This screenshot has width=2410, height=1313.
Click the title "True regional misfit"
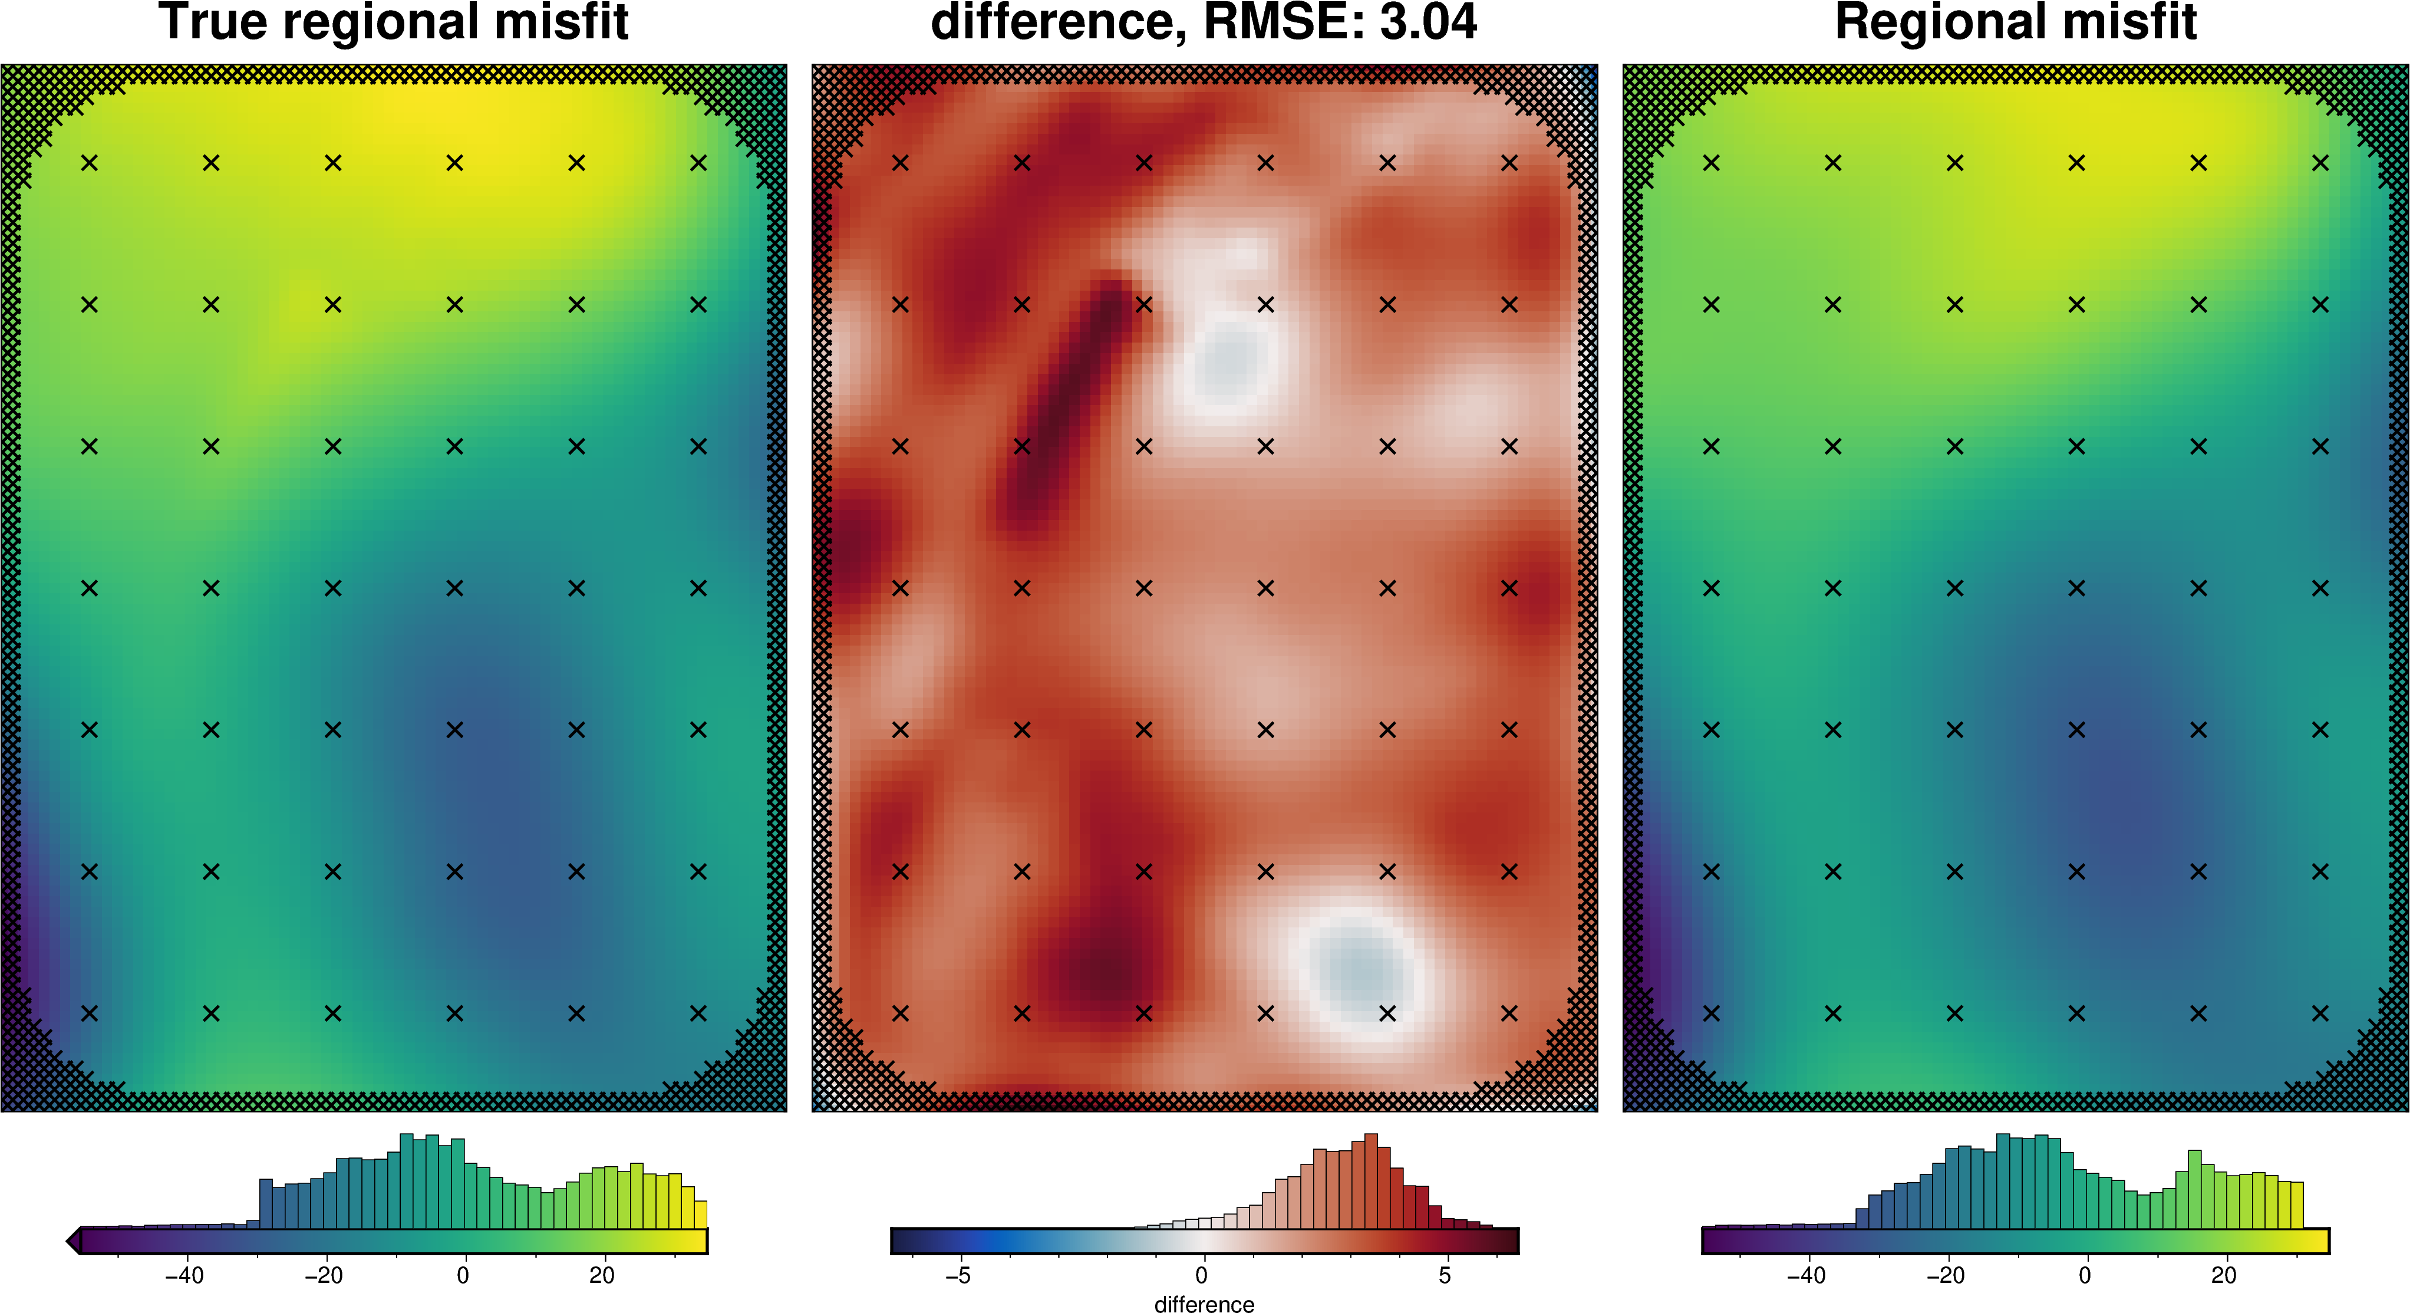(x=393, y=22)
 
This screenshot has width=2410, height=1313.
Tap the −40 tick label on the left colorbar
(x=184, y=1276)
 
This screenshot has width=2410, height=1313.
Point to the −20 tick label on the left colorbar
(x=324, y=1276)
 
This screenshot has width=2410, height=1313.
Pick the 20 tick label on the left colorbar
(x=602, y=1276)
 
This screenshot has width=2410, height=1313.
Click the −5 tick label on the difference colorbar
(x=957, y=1276)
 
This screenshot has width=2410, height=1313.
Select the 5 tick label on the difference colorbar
(x=1445, y=1276)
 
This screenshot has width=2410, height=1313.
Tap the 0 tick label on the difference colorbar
(x=1201, y=1276)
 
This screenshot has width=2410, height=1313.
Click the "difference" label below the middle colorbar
(x=1204, y=1304)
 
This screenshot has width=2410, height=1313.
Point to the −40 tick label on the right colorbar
(x=1806, y=1276)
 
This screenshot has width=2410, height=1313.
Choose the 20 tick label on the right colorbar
(x=2224, y=1276)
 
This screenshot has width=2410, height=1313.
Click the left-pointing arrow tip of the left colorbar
(x=71, y=1242)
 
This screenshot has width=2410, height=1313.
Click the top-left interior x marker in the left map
(x=89, y=163)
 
